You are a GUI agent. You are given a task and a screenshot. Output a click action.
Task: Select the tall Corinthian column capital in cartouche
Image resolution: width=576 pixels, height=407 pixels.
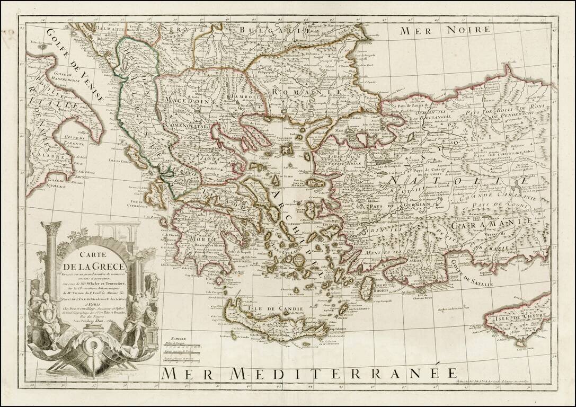[x=53, y=230]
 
